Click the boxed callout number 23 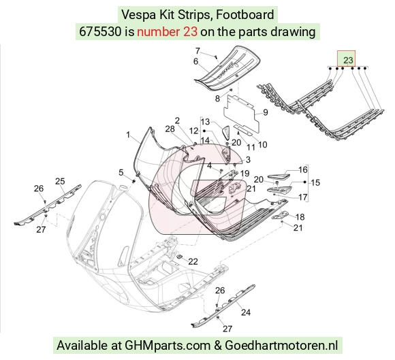(x=348, y=60)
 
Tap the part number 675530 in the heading (x=100, y=32)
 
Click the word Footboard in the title (x=245, y=14)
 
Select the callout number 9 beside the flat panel (x=266, y=112)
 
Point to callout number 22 (x=193, y=261)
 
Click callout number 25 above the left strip (x=60, y=181)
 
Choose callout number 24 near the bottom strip (x=246, y=312)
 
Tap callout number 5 (x=121, y=172)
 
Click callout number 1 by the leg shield (x=128, y=135)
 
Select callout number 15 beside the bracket (x=315, y=182)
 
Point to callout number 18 (x=300, y=217)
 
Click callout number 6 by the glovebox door (x=195, y=61)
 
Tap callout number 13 (x=205, y=122)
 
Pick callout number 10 (x=262, y=144)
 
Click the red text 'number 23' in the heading (x=167, y=32)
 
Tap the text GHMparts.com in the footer (x=168, y=346)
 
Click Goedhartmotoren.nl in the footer (x=281, y=345)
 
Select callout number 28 (x=170, y=129)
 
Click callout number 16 (x=303, y=169)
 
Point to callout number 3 (x=248, y=159)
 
